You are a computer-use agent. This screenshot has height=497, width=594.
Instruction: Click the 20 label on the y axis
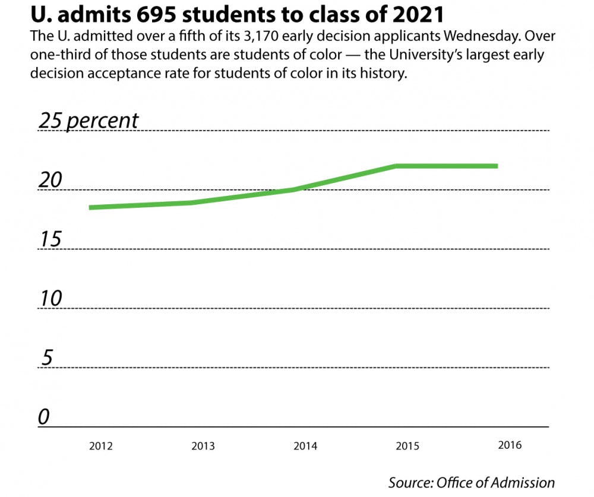point(50,180)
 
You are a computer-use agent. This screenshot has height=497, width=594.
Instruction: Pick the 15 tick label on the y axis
point(50,239)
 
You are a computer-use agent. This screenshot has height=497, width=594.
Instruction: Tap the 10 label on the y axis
point(50,299)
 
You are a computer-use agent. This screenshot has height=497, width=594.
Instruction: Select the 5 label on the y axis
point(47,358)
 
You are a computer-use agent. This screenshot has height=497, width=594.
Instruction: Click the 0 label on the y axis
point(44,417)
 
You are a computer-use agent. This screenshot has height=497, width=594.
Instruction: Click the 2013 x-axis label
point(203,446)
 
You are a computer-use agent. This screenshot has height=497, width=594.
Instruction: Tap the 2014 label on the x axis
point(305,446)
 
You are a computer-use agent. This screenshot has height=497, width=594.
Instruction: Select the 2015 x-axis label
point(408,445)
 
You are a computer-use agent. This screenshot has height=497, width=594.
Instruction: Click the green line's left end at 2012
point(90,207)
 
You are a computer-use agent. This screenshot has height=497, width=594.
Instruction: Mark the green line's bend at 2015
point(396,166)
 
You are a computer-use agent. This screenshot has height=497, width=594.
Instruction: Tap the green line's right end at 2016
point(497,166)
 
